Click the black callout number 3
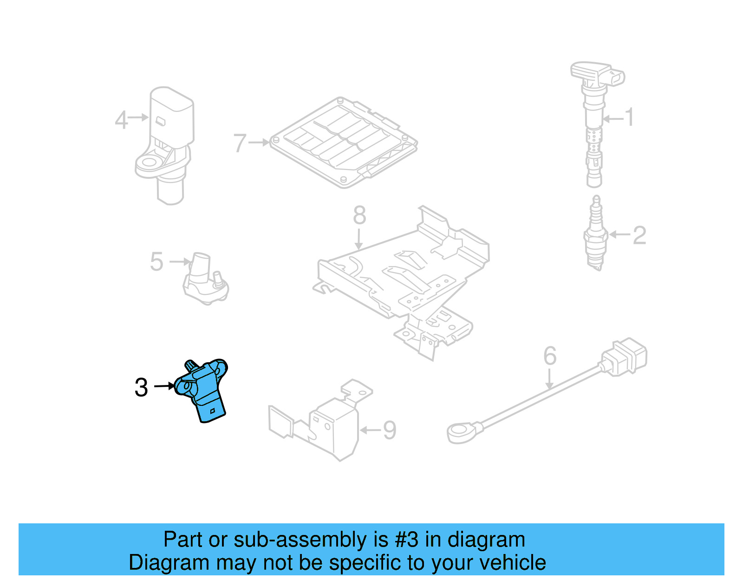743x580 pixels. click(x=141, y=387)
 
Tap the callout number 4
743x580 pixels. click(x=121, y=120)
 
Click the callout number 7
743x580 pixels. click(x=240, y=143)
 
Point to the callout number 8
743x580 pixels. click(x=359, y=215)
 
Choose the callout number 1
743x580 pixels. click(x=629, y=117)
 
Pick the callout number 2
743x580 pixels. click(x=639, y=235)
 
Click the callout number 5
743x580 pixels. click(x=156, y=262)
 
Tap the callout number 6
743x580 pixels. click(x=550, y=357)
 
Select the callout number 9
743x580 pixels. click(x=389, y=430)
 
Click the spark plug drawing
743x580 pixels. click(x=596, y=235)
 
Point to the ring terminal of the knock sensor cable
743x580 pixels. click(x=462, y=432)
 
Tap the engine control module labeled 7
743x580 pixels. click(x=344, y=143)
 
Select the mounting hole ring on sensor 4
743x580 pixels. click(x=150, y=163)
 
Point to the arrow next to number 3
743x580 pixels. click(x=163, y=386)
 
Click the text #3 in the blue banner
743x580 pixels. click(x=407, y=540)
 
